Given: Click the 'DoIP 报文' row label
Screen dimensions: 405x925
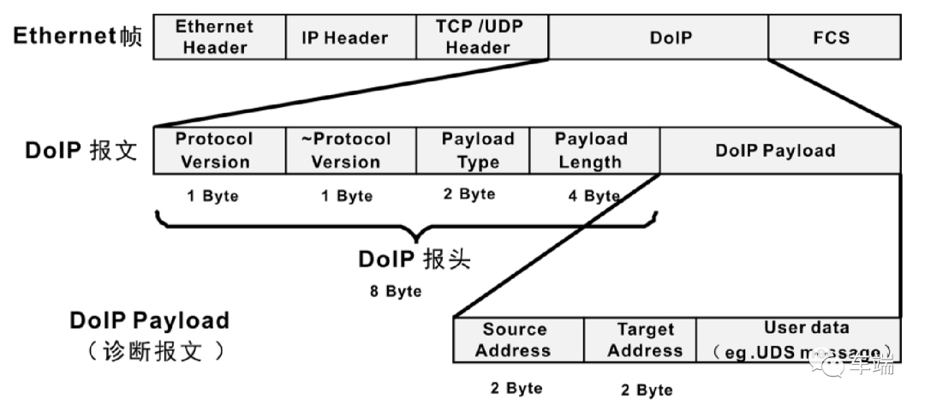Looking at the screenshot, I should [81, 151].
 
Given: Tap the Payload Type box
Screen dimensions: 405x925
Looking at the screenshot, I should [473, 151].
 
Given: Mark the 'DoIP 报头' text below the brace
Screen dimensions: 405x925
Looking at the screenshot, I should [415, 259].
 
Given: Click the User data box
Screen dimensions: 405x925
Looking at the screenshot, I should [798, 340].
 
